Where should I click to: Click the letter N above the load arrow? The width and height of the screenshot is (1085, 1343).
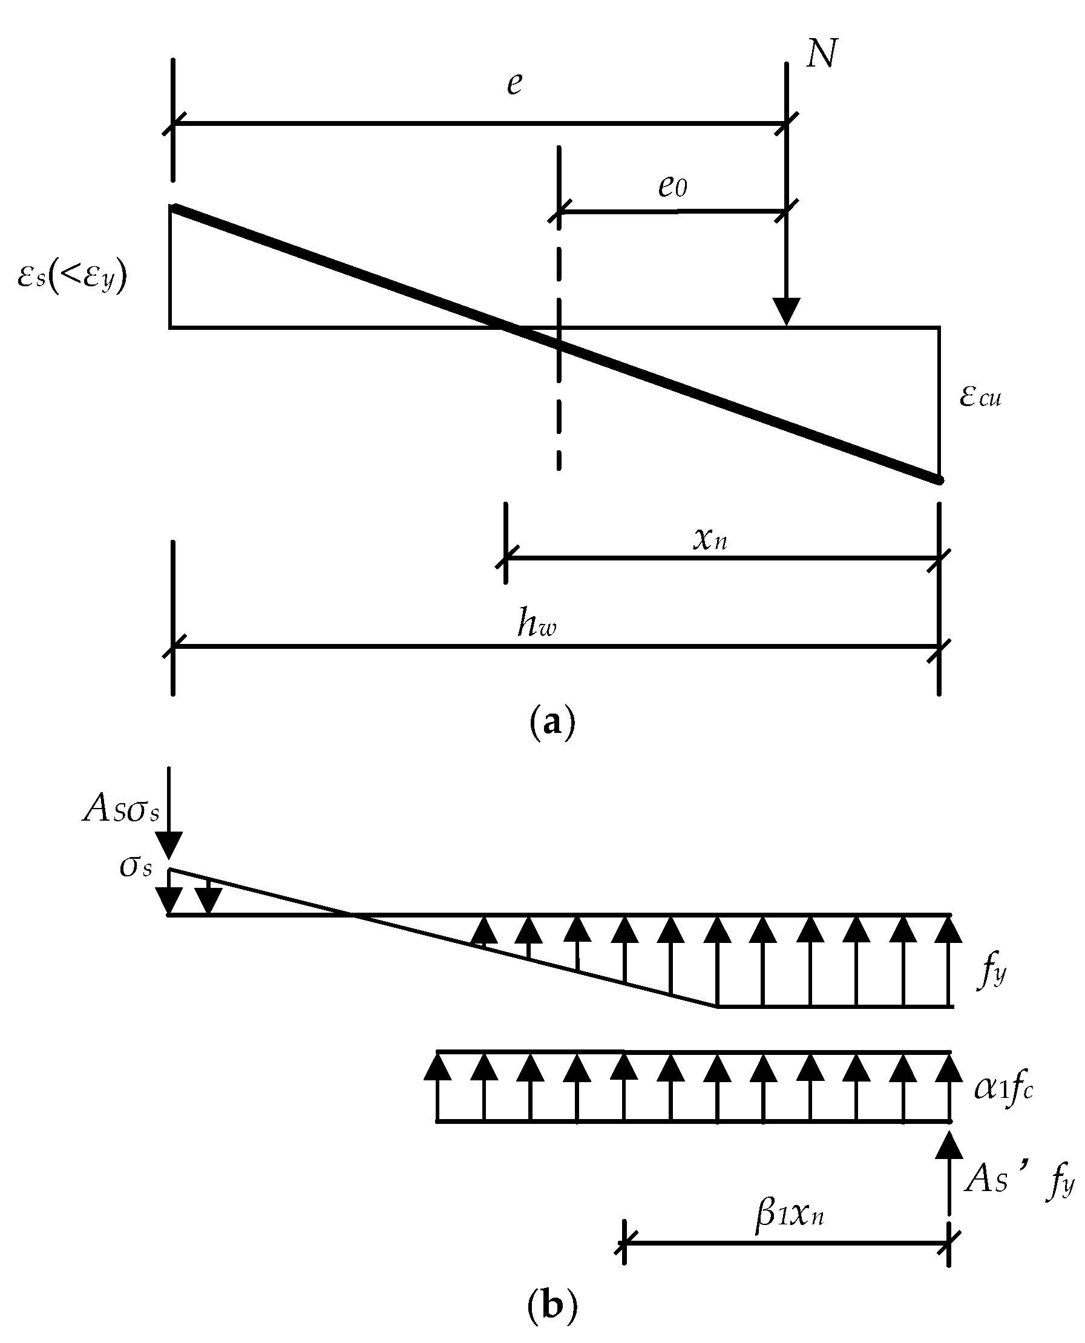821,54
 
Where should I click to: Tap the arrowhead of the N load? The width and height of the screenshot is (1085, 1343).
787,310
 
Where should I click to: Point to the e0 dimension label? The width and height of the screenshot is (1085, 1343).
672,187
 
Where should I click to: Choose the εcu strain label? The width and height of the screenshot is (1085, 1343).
980,396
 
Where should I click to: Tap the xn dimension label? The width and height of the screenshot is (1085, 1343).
710,538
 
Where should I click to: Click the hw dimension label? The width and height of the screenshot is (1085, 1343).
536,624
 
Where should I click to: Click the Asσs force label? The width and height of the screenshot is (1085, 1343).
121,810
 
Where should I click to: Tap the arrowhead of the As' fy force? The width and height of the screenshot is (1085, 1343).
949,1145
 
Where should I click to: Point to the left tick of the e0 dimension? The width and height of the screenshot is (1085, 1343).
559,211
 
